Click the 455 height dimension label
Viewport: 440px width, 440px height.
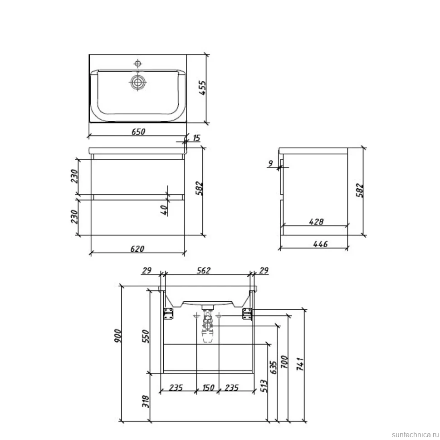click(202, 88)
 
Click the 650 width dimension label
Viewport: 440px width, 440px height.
click(138, 132)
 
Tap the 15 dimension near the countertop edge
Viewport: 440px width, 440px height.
click(196, 138)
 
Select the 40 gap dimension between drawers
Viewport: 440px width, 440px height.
click(164, 210)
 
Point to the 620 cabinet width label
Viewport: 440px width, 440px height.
click(137, 249)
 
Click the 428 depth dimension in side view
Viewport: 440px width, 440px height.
click(316, 222)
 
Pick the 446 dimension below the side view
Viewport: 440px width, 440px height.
click(320, 244)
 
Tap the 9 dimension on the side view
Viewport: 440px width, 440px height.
click(270, 163)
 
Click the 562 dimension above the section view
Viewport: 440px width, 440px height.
click(204, 270)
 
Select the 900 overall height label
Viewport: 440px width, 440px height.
click(118, 336)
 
